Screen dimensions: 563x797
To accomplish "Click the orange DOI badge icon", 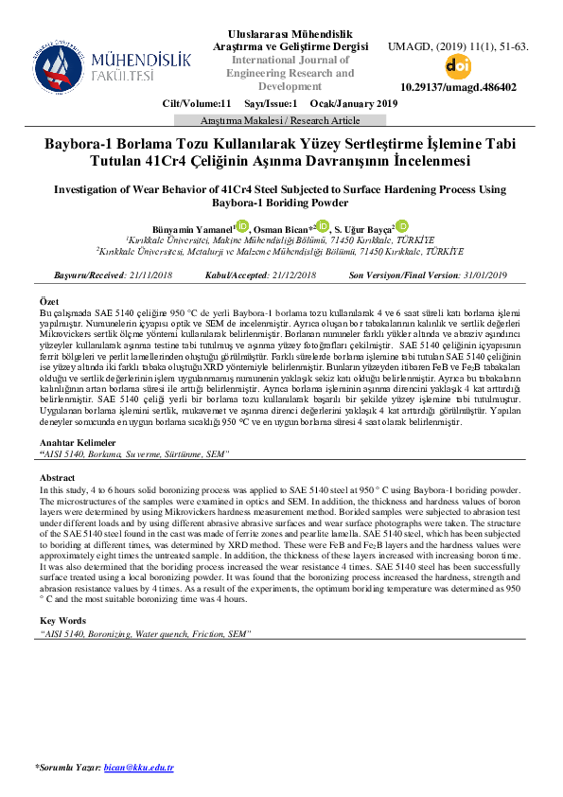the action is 458,65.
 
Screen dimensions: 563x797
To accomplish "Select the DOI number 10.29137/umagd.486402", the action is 458,87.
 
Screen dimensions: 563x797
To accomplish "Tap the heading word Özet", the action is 50,301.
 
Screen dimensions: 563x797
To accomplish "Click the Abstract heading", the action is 58,478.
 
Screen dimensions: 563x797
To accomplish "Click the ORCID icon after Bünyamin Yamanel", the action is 241,226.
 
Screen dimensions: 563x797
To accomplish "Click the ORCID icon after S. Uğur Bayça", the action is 401,226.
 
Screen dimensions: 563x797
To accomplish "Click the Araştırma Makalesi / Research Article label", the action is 281,121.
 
